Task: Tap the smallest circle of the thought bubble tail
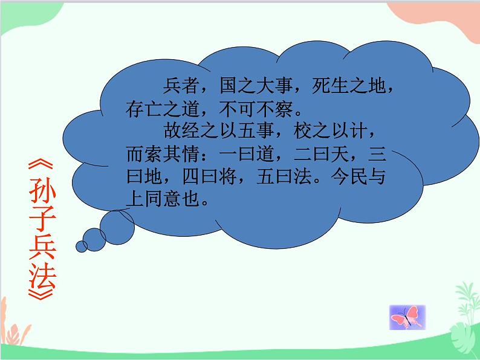point(81,246)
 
